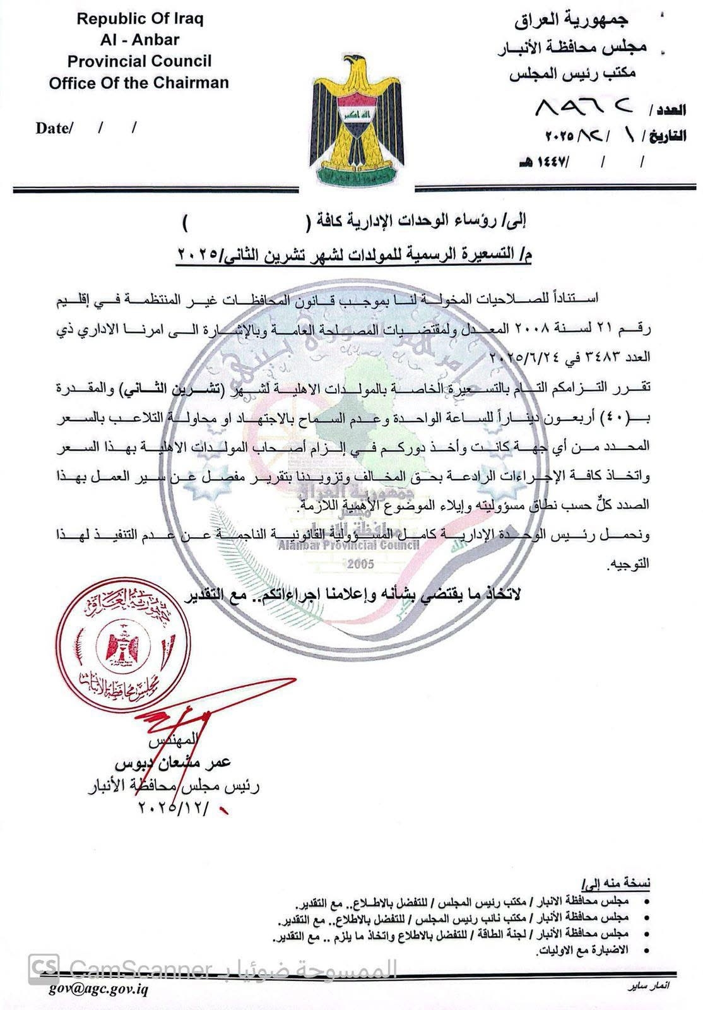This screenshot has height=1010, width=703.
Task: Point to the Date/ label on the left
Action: (x=54, y=128)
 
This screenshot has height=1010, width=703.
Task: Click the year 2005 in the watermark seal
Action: (x=360, y=563)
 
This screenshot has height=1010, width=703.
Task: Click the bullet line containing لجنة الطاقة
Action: (x=451, y=933)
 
